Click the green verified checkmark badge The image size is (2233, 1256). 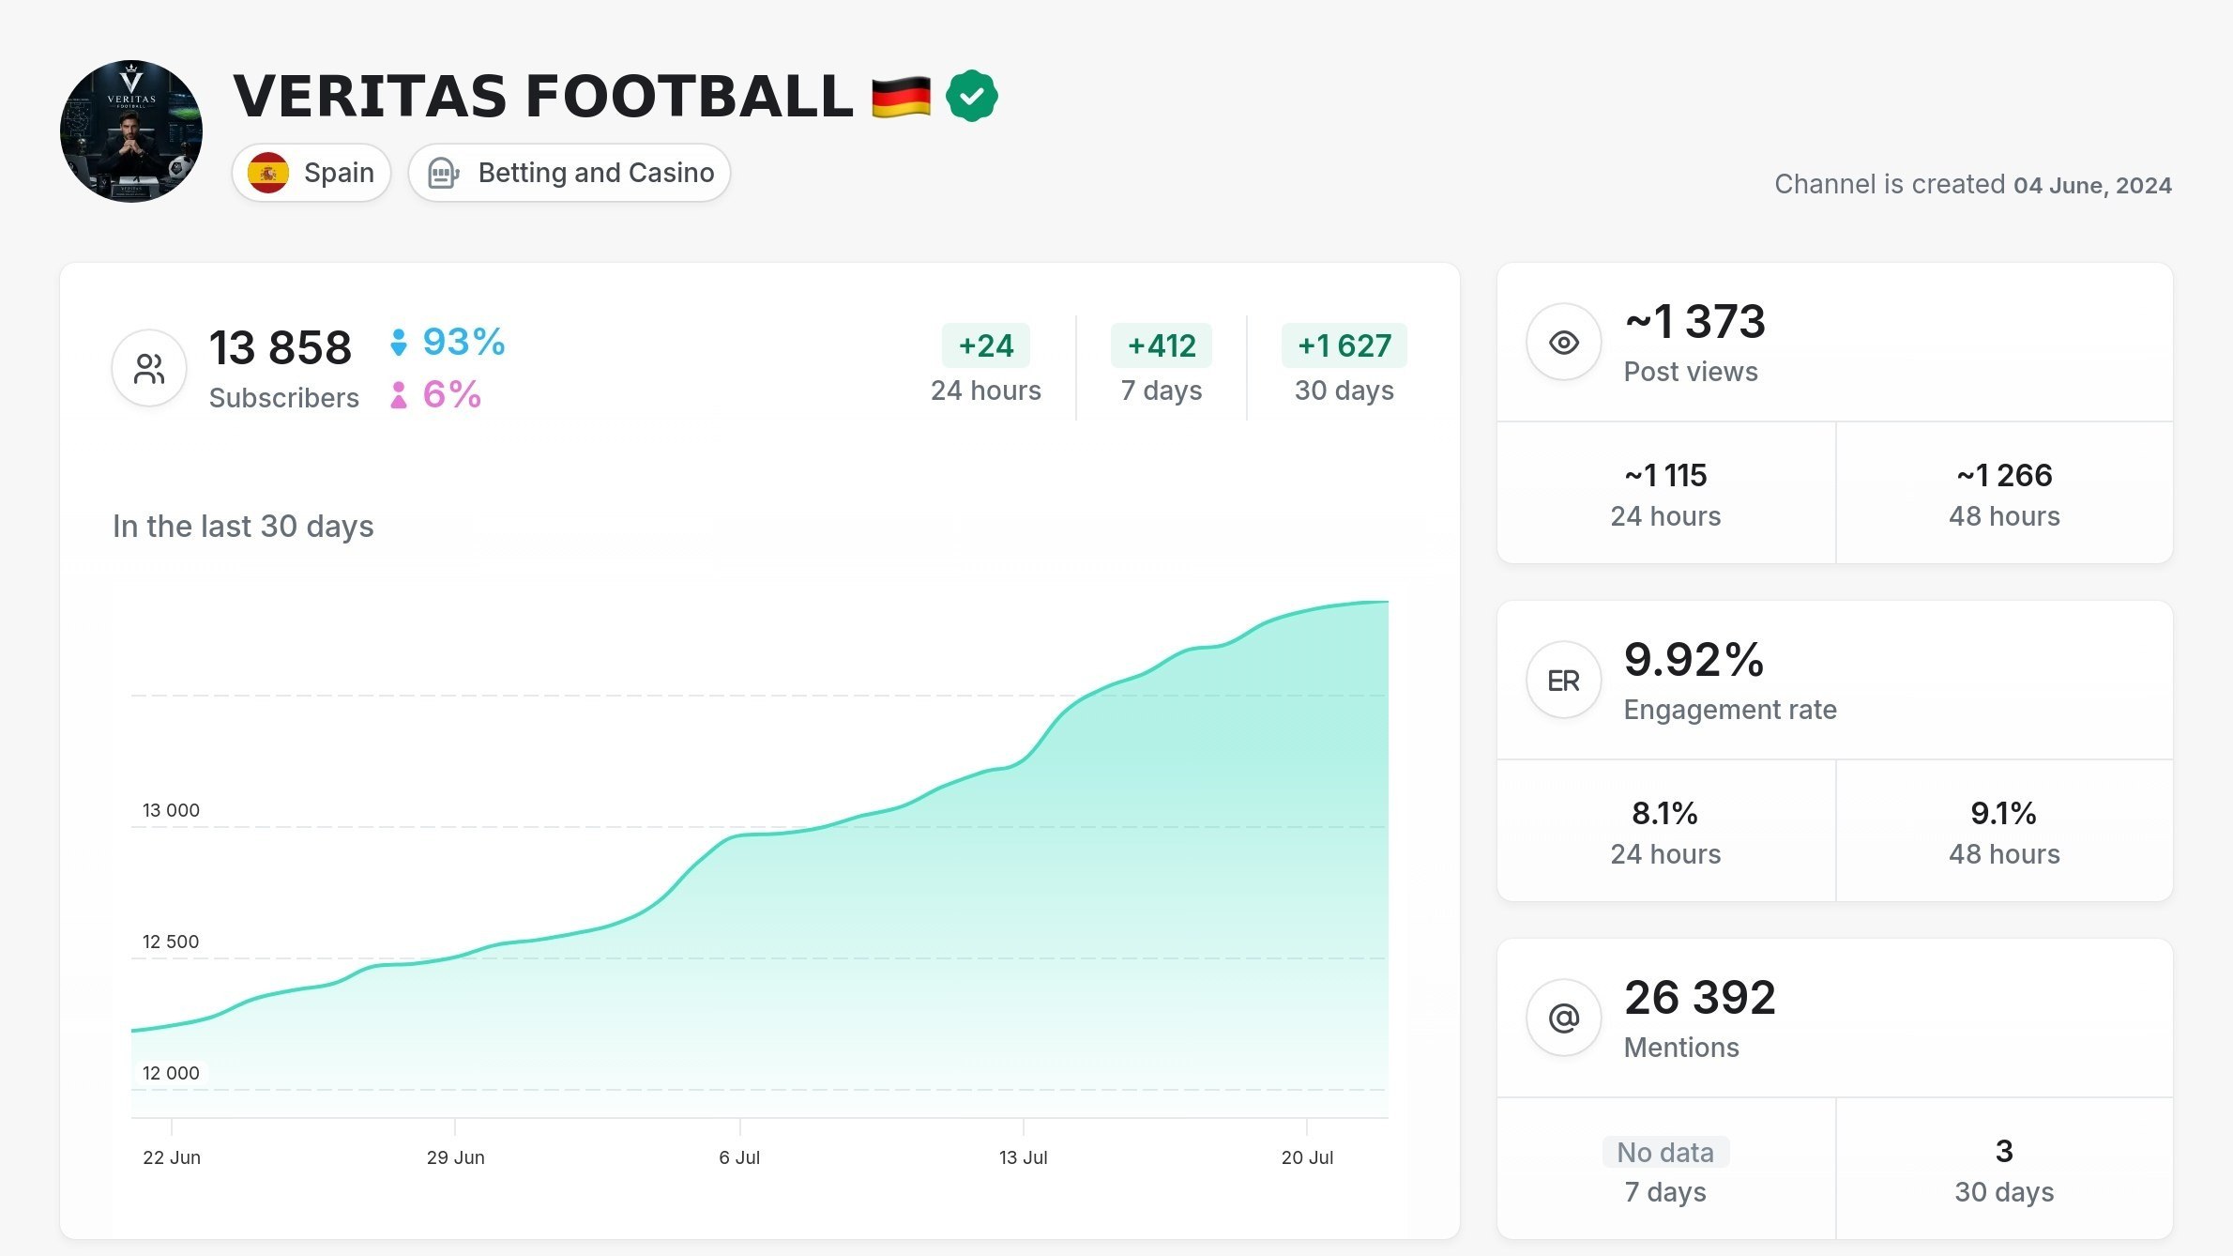click(x=971, y=96)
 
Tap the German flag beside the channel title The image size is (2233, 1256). click(x=901, y=97)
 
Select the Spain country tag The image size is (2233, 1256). click(x=311, y=173)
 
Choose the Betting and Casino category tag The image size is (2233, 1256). click(x=570, y=173)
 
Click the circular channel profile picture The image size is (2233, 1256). click(x=131, y=131)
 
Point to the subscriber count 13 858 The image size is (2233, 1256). click(x=280, y=347)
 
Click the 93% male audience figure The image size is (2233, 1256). click(x=463, y=342)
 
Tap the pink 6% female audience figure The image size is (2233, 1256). click(x=451, y=394)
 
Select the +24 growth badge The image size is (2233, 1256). click(x=986, y=345)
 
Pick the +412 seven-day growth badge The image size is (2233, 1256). click(x=1162, y=345)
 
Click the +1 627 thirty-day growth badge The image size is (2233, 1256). click(x=1344, y=345)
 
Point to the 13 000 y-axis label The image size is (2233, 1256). click(x=171, y=810)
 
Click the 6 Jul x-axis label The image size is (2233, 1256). click(x=739, y=1157)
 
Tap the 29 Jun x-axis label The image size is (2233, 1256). click(x=456, y=1157)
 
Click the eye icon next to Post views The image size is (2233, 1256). click(x=1564, y=343)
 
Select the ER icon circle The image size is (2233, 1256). click(x=1564, y=681)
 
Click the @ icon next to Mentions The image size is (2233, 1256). click(x=1564, y=1018)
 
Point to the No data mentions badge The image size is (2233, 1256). click(x=1665, y=1152)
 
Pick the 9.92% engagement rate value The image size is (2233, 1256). click(x=1694, y=659)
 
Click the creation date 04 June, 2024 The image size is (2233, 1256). click(x=2092, y=185)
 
